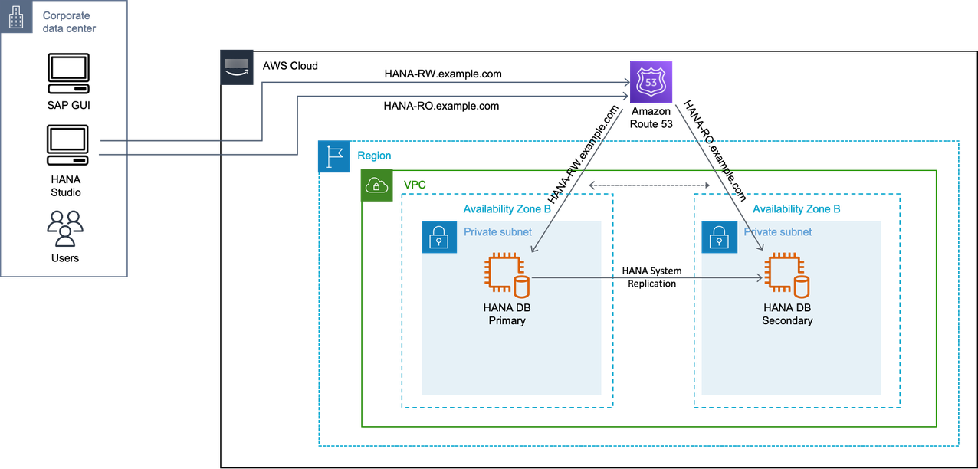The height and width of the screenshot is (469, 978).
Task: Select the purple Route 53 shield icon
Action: pyautogui.click(x=651, y=82)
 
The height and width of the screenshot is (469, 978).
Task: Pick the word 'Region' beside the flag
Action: pyautogui.click(x=375, y=156)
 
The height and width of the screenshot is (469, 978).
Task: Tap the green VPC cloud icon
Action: pyautogui.click(x=376, y=185)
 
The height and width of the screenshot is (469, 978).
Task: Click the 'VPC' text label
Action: pyautogui.click(x=415, y=185)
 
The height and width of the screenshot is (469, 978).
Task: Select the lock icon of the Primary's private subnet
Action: pyautogui.click(x=438, y=238)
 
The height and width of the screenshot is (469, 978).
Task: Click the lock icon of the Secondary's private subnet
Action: pyautogui.click(x=718, y=238)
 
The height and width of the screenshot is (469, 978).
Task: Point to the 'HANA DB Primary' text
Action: pyautogui.click(x=507, y=314)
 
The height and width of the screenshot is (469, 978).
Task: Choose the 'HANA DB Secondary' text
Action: pyautogui.click(x=787, y=314)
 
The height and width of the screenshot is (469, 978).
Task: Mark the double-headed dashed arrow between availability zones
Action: pyautogui.click(x=648, y=185)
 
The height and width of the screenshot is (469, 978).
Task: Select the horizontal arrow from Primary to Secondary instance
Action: pyautogui.click(x=648, y=278)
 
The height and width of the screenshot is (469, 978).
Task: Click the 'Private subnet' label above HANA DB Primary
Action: pyautogui.click(x=497, y=231)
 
